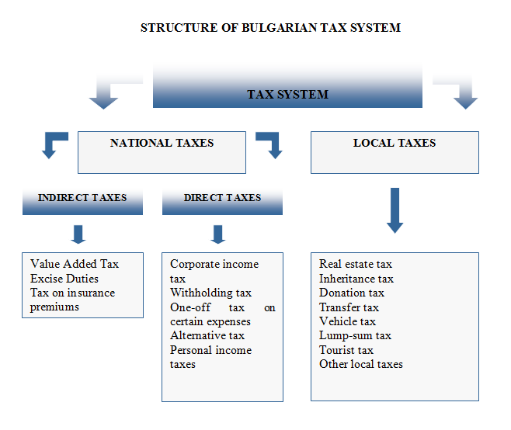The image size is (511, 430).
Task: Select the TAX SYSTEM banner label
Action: coord(287,95)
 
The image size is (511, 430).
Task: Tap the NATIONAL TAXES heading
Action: coord(162,143)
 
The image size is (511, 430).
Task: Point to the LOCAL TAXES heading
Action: coord(395,143)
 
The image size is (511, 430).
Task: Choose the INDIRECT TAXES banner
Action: coord(82,201)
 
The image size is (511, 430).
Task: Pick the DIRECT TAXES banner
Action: coord(222,201)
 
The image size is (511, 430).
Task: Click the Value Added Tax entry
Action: coord(75,264)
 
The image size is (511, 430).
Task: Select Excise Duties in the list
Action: coord(64,279)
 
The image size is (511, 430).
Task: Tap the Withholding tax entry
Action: coord(211,293)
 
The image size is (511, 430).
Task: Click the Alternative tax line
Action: coord(207,335)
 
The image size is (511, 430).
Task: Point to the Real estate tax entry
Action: coord(356,264)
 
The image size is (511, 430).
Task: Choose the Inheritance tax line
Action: coord(356,279)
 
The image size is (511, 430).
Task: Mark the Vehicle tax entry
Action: coord(347,321)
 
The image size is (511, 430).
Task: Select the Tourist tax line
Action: coord(346,350)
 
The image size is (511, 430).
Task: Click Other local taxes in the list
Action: coord(361,364)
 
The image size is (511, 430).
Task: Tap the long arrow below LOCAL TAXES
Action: coord(395,210)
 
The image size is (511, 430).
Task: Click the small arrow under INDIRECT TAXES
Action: coord(78,234)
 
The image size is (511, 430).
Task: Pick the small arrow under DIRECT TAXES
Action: coord(218,234)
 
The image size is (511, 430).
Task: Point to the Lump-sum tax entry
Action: coord(355,335)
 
